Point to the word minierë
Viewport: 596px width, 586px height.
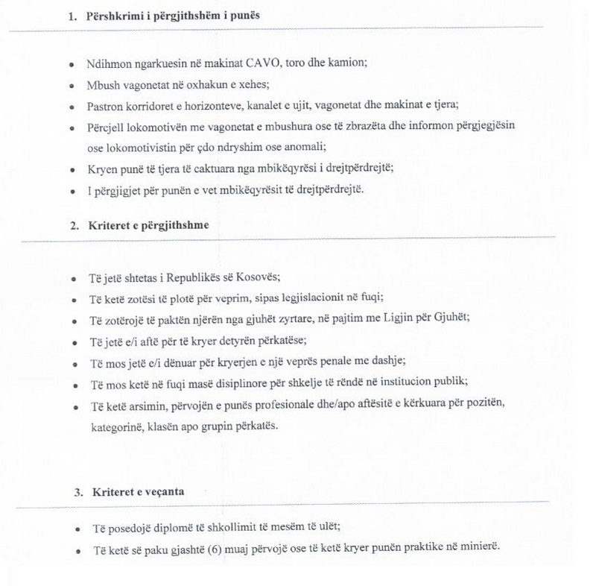477,550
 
